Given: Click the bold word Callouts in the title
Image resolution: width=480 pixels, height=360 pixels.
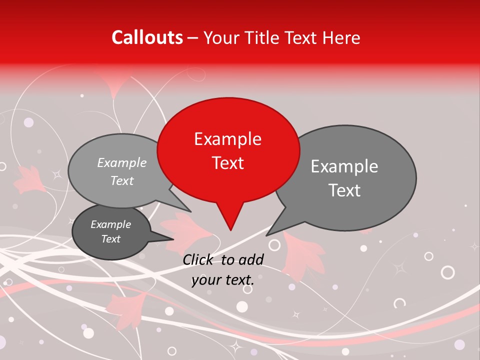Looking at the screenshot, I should click(x=147, y=37).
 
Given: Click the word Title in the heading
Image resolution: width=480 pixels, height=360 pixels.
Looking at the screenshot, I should click(x=264, y=37).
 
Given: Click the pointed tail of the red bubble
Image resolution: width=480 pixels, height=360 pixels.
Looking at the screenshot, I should click(x=229, y=220).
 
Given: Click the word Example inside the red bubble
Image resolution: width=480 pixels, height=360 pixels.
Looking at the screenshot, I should click(x=227, y=139).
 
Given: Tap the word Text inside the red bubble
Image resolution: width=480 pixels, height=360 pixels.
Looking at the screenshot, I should click(x=227, y=163).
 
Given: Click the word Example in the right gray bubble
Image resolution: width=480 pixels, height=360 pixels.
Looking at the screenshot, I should click(x=344, y=166).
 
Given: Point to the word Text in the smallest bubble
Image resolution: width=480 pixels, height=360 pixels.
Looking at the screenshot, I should click(x=110, y=239).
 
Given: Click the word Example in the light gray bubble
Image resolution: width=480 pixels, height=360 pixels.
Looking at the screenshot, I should click(x=121, y=162).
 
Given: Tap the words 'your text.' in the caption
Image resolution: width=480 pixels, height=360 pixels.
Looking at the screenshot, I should click(x=223, y=280).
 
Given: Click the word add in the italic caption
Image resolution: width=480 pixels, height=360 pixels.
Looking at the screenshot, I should click(x=251, y=259).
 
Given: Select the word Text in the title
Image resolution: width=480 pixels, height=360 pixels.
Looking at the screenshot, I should click(x=302, y=37).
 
